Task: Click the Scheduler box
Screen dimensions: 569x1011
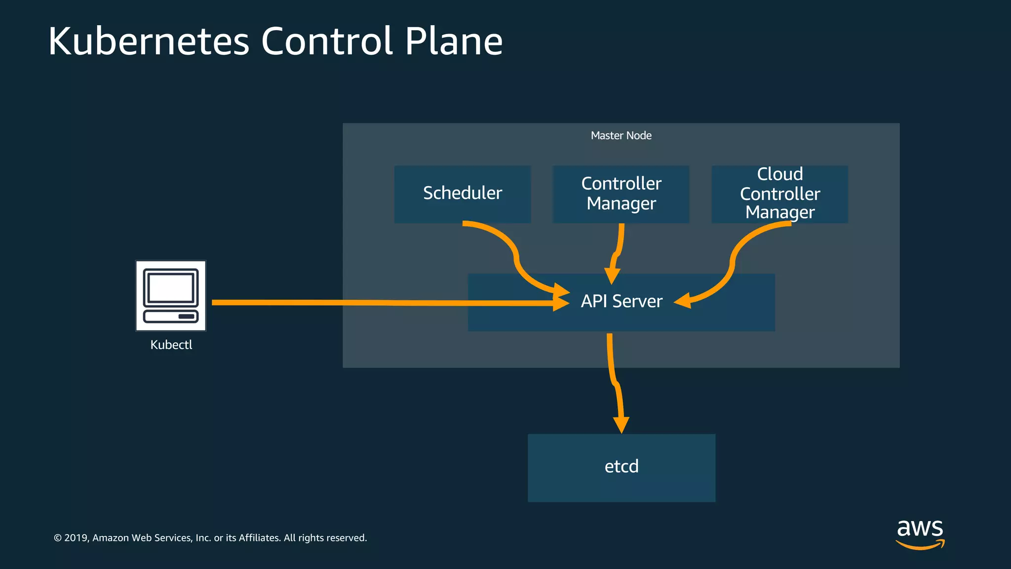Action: point(463,194)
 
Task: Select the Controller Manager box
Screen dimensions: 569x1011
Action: point(621,194)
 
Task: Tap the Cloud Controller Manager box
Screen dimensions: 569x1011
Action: point(779,194)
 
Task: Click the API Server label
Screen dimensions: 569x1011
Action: point(622,301)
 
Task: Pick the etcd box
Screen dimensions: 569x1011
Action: point(622,467)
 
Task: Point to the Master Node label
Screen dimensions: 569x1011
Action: point(621,135)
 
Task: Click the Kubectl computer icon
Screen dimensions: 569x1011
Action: point(171,295)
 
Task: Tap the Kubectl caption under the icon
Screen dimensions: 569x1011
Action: point(171,345)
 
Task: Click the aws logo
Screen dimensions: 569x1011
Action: point(920,533)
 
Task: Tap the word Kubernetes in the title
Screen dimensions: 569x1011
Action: point(149,41)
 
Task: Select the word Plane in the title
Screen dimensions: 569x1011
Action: point(453,41)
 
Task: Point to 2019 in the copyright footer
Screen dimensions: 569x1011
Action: point(76,538)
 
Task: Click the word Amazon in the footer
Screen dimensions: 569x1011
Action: point(111,538)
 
